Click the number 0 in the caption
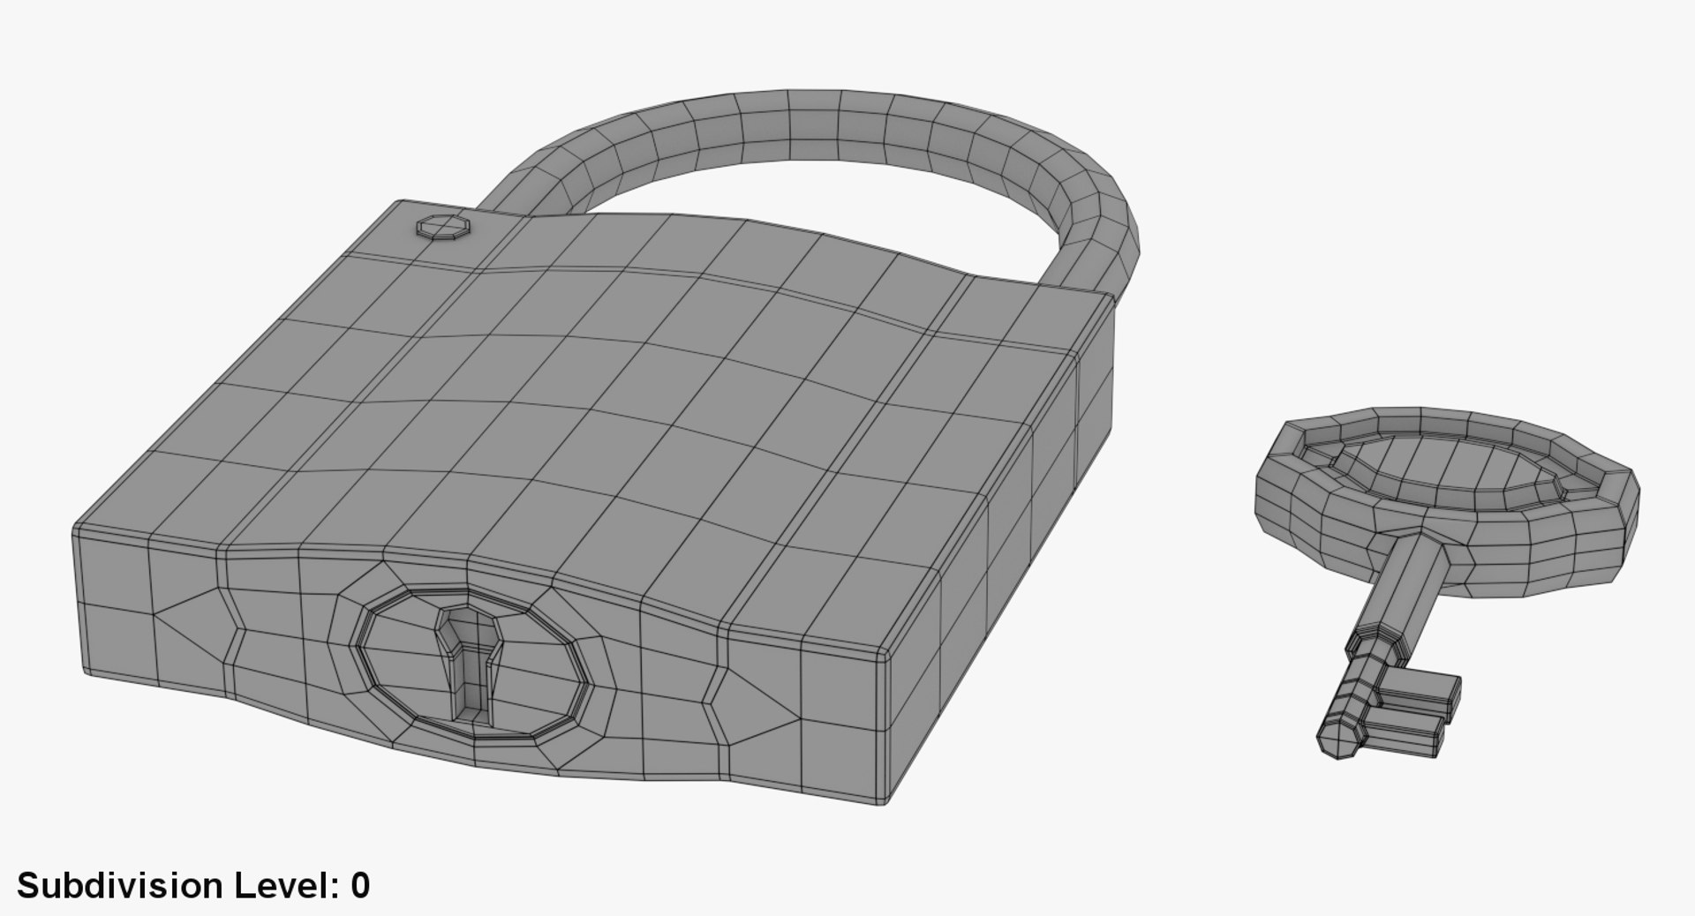click(x=359, y=885)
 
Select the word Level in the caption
click(x=284, y=885)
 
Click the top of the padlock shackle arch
click(x=812, y=124)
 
